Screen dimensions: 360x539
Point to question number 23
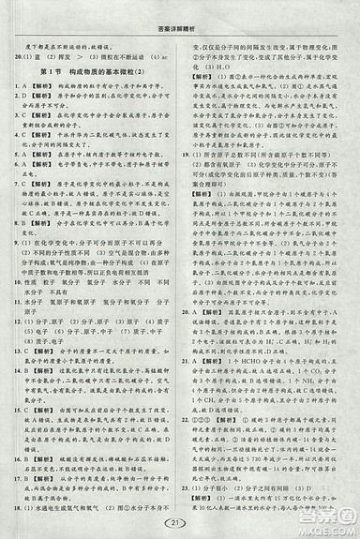[x=192, y=487]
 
